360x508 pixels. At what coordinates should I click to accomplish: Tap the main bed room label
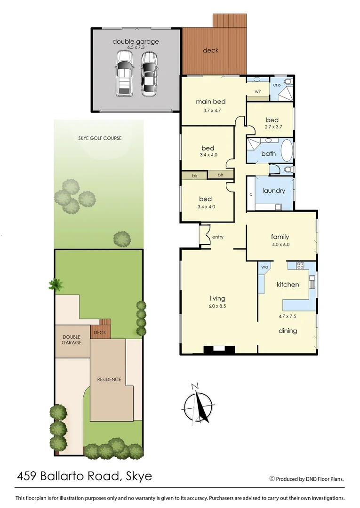[x=211, y=102]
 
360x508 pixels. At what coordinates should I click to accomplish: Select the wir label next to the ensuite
[x=258, y=91]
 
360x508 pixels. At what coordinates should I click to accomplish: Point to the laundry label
[x=274, y=190]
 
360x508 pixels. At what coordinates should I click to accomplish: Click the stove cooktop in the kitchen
[x=300, y=266]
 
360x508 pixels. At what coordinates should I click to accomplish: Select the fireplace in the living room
[x=218, y=349]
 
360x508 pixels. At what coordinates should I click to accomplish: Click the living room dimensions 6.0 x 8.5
[x=217, y=306]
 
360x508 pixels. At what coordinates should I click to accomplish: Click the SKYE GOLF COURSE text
[x=100, y=138]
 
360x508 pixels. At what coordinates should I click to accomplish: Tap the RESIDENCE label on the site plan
[x=109, y=379]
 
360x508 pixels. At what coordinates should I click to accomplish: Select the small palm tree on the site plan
[x=56, y=284]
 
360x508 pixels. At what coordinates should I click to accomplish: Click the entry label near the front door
[x=218, y=237]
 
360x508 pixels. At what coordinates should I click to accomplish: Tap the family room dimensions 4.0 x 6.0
[x=280, y=245]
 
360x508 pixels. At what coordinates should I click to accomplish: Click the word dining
[x=288, y=331]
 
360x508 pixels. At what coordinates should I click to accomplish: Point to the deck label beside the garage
[x=210, y=50]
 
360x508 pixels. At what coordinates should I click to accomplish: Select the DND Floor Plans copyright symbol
[x=272, y=479]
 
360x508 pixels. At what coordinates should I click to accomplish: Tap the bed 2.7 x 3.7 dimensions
[x=272, y=127]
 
